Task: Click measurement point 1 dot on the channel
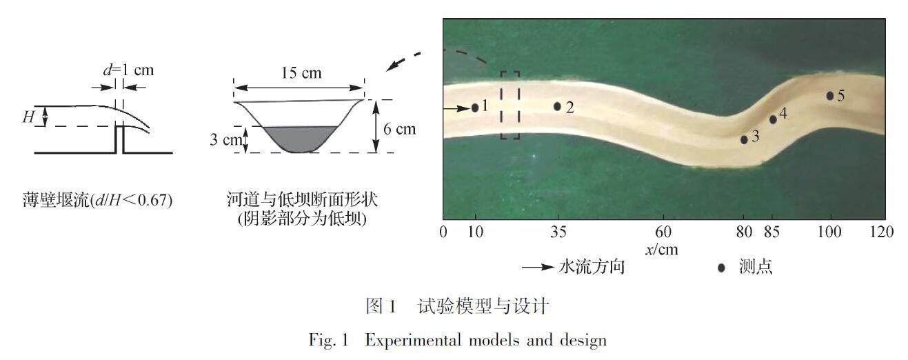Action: pos(475,108)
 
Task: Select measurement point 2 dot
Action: pos(557,106)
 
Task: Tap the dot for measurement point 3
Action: pos(744,139)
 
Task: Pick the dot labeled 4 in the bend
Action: pos(773,119)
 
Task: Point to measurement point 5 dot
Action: pos(830,96)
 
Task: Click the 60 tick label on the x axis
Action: pos(663,232)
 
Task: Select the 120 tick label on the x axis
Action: pos(880,232)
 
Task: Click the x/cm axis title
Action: pos(661,250)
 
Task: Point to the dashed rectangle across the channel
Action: pos(510,105)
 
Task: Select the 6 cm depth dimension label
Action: pos(401,128)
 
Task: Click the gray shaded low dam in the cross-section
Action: pos(299,137)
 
